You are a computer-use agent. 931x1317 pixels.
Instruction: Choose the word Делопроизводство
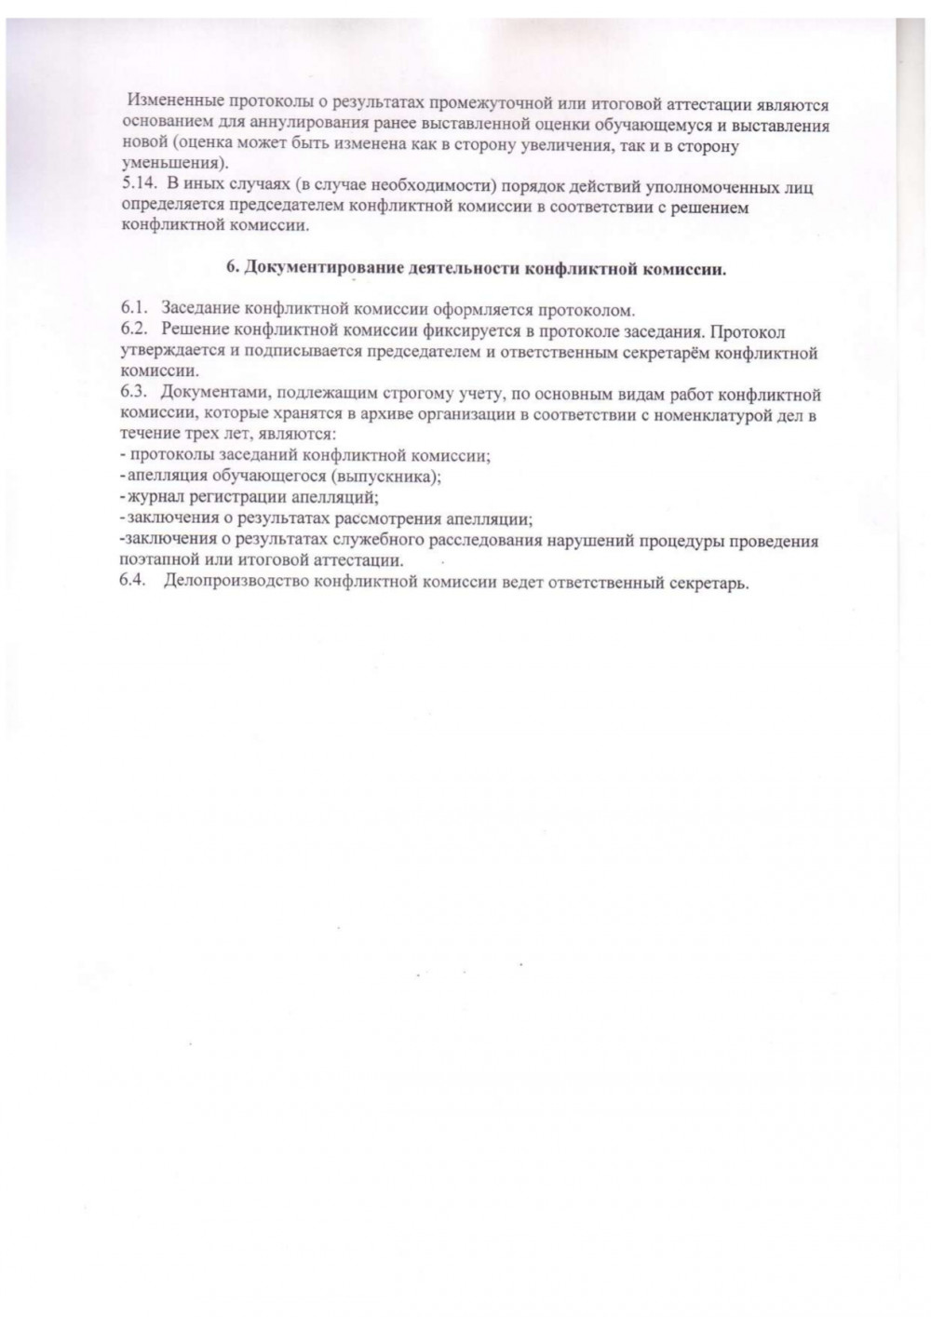pyautogui.click(x=235, y=583)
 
